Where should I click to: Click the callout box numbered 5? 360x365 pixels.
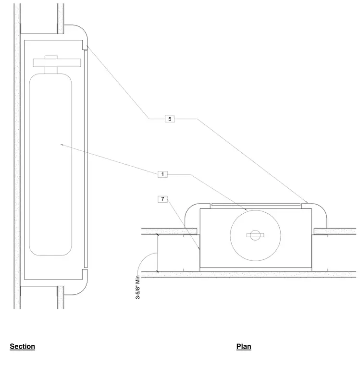[x=170, y=119]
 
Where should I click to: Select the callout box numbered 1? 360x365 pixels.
[x=162, y=174]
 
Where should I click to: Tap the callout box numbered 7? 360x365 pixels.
[x=162, y=199]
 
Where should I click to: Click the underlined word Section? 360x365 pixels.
[x=23, y=346]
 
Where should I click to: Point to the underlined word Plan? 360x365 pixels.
[x=244, y=346]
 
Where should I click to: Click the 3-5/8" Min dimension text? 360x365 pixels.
[x=138, y=287]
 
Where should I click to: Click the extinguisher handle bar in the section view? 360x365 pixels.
[x=57, y=63]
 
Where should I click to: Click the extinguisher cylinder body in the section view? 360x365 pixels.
[x=50, y=165]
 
